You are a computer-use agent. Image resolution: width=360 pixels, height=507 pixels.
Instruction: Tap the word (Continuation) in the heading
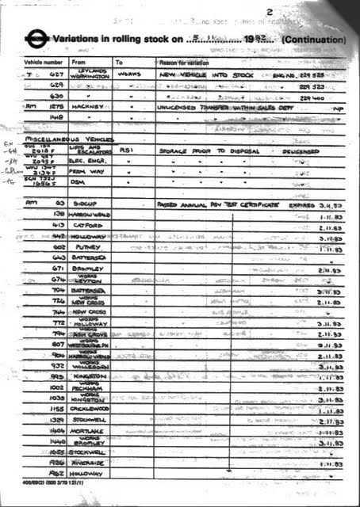pos(313,39)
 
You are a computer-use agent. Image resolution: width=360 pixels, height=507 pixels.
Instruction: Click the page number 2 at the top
pos(270,11)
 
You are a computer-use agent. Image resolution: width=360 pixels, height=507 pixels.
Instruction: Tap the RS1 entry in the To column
pos(125,149)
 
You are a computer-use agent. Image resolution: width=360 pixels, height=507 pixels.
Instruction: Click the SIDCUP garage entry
pos(84,204)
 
